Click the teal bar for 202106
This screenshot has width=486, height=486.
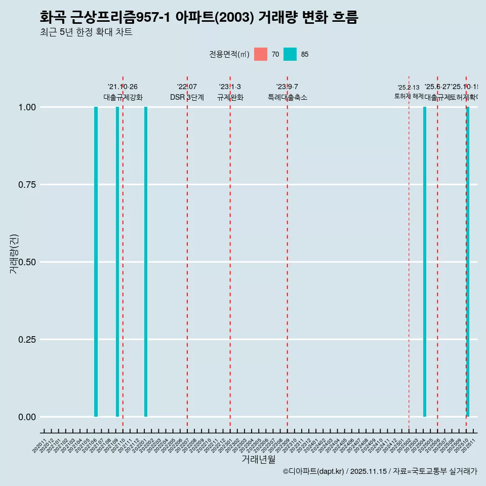[96, 262]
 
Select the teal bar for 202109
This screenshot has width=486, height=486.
[117, 262]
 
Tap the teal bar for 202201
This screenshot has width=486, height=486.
[146, 262]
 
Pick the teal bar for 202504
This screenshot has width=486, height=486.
[425, 262]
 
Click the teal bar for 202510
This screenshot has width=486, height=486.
[468, 262]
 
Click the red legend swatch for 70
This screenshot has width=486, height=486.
[261, 54]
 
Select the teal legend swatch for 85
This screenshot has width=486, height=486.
[290, 54]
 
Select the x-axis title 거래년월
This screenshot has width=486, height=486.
[258, 459]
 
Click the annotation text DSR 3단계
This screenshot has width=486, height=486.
[187, 97]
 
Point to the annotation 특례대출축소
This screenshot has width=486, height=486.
[288, 97]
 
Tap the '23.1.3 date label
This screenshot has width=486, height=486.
[230, 87]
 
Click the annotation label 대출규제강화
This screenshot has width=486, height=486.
[123, 97]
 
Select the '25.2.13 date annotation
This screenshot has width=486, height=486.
[409, 88]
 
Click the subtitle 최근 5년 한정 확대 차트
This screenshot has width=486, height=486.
[86, 32]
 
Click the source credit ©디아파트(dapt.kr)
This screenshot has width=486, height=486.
[313, 471]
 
